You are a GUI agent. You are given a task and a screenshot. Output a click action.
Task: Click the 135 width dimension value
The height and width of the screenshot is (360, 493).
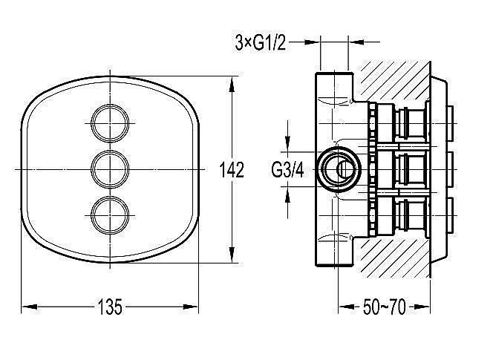[110, 307]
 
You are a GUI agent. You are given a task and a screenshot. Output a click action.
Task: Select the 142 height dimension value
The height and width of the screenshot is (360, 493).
[232, 170]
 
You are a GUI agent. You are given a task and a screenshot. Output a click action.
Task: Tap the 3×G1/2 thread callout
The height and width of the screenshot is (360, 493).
[261, 43]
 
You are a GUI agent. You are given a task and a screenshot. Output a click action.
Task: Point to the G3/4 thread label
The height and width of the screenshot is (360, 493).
[287, 170]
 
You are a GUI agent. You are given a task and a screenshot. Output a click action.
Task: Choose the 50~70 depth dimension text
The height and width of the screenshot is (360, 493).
[384, 307]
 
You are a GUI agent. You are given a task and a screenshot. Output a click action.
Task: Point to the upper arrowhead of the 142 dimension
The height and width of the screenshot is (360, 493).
[232, 85]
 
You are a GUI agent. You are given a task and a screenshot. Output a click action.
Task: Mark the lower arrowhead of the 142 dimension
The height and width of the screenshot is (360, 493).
[232, 255]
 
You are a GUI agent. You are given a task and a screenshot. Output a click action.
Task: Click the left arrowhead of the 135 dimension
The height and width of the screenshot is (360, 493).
[29, 307]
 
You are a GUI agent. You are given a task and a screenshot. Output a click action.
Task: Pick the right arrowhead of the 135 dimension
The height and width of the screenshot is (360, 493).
[191, 307]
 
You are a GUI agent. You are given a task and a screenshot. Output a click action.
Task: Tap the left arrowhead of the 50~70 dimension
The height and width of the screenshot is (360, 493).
[346, 307]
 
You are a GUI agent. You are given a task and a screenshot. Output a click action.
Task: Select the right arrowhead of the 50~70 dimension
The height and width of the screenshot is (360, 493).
[422, 307]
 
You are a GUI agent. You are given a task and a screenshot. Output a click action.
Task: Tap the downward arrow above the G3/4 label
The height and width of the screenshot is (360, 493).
[287, 136]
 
